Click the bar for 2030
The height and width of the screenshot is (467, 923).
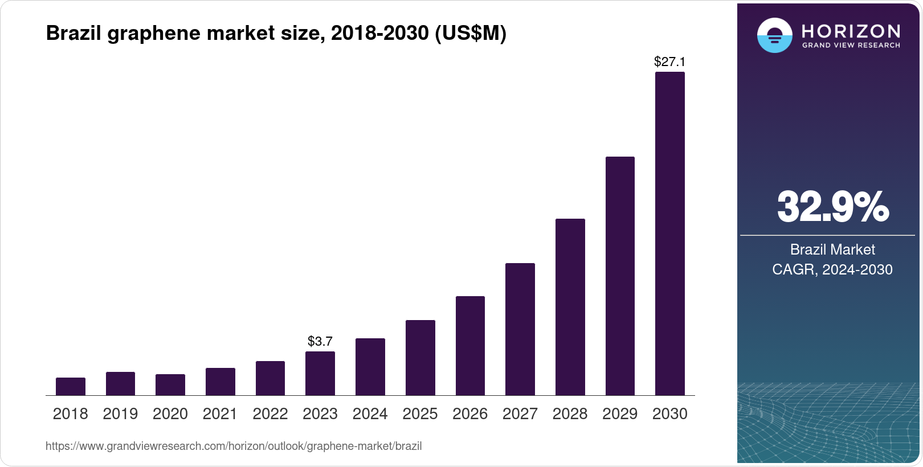coord(669,233)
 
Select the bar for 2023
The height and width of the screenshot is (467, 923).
coord(320,374)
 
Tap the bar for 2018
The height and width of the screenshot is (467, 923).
coord(71,387)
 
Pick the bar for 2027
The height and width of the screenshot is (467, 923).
coord(520,329)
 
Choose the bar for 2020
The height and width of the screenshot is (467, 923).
coord(170,385)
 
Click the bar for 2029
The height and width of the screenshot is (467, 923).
coord(620,276)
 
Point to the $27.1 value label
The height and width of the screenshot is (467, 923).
coord(669,62)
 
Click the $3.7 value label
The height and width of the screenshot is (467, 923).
coord(320,341)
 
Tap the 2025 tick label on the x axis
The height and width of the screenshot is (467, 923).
coord(420,414)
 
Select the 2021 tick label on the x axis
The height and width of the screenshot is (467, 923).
coord(220,414)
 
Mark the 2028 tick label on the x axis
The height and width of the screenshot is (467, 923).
coord(570,414)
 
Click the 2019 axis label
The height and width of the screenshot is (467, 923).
coord(120,414)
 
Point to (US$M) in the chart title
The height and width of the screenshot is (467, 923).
coord(471,34)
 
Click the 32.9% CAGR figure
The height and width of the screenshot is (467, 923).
coord(832,207)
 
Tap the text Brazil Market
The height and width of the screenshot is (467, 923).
coord(832,249)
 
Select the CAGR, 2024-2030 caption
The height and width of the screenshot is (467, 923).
coord(832,269)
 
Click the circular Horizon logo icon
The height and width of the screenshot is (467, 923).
coord(774,35)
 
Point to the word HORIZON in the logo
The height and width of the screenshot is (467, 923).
coord(851,31)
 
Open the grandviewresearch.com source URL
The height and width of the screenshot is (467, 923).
coord(234,446)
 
